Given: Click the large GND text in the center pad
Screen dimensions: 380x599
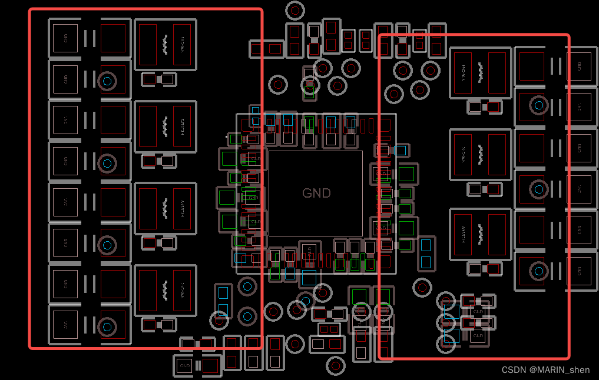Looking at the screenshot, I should [316, 193].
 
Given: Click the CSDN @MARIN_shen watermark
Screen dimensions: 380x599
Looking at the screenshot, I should [545, 370].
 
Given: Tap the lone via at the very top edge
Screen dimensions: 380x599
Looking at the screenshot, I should [295, 10].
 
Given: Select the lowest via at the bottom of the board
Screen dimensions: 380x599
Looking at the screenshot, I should [336, 366].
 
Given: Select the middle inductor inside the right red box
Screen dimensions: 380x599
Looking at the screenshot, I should [481, 155].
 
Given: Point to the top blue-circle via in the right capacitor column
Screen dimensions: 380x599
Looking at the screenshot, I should [538, 105].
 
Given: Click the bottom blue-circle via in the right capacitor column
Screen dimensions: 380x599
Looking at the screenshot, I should [538, 271].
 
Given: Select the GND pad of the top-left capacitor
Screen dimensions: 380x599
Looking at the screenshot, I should [65, 38].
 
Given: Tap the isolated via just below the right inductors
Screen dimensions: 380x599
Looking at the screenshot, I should [422, 287].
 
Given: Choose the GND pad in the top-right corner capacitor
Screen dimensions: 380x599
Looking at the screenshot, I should [578, 66].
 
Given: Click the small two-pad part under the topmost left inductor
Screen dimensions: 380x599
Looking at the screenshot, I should [159, 79].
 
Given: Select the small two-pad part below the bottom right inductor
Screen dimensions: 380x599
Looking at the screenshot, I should [485, 269].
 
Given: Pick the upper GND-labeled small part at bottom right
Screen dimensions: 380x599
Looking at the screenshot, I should [478, 311].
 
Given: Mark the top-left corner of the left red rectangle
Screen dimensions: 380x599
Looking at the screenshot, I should [30, 9].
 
